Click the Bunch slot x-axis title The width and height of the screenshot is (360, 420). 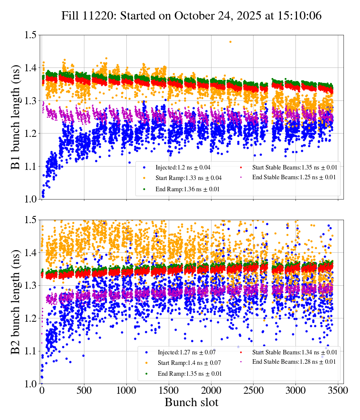tap(191, 402)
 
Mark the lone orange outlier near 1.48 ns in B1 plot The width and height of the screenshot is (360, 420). tap(230, 42)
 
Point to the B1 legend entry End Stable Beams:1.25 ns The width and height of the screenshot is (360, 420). tap(289, 177)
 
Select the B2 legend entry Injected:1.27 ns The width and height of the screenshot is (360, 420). tap(181, 352)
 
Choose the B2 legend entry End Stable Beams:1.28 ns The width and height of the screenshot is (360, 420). tap(289, 362)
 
